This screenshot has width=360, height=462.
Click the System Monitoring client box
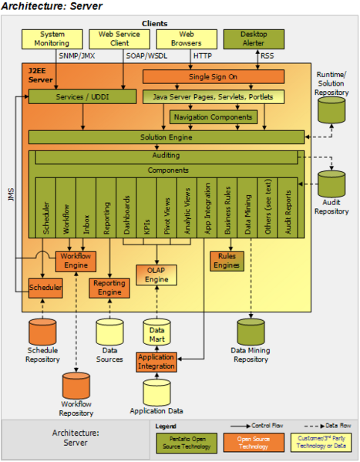coord(52,39)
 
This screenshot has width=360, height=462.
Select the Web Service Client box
coord(119,39)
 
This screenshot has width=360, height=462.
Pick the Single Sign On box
coord(213,77)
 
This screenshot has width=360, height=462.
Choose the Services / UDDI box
coord(82,97)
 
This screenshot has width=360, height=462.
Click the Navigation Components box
coord(214,117)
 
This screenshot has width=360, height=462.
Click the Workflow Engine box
coord(76,261)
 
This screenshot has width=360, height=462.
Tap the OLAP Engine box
coord(156,275)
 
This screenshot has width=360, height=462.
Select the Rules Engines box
coord(227,261)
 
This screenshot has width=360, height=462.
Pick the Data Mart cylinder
coord(156,332)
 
